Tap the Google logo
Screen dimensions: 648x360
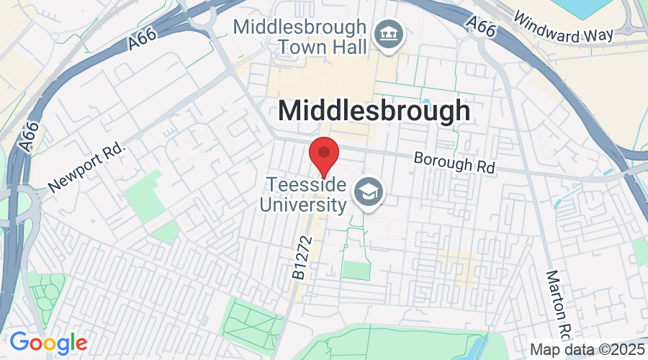coord(48,342)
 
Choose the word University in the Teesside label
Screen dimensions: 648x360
coord(303,205)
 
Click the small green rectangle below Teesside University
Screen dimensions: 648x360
coord(355,270)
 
